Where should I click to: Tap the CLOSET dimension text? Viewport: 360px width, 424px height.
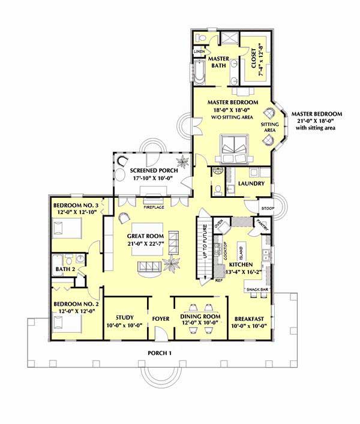pos(260,59)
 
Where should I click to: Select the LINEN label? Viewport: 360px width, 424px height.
pos(199,52)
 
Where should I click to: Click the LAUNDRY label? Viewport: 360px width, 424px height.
pos(251,183)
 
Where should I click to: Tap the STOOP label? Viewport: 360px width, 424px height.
pos(268,208)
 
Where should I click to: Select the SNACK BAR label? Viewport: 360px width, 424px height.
pos(258,290)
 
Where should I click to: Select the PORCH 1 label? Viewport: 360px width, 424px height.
pos(160,353)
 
